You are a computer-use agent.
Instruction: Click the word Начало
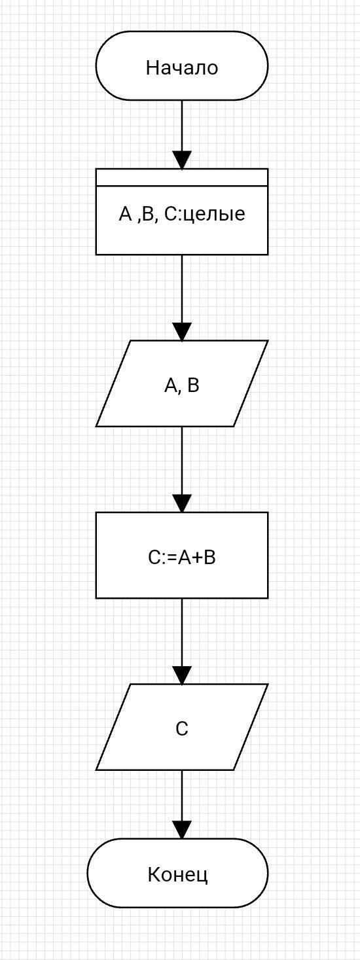click(182, 67)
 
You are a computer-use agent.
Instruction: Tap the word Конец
click(178, 874)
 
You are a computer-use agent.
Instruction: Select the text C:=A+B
click(182, 558)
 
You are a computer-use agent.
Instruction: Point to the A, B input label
click(182, 386)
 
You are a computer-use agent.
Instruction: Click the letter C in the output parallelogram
click(182, 728)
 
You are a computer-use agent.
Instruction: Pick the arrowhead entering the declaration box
click(182, 160)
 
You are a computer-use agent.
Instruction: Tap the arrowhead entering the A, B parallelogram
click(182, 332)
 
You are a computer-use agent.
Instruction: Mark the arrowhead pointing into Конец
click(182, 830)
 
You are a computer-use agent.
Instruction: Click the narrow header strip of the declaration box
click(182, 177)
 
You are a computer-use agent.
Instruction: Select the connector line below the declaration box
click(182, 289)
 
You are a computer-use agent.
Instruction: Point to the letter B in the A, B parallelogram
click(193, 385)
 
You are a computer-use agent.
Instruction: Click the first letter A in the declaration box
click(125, 214)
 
